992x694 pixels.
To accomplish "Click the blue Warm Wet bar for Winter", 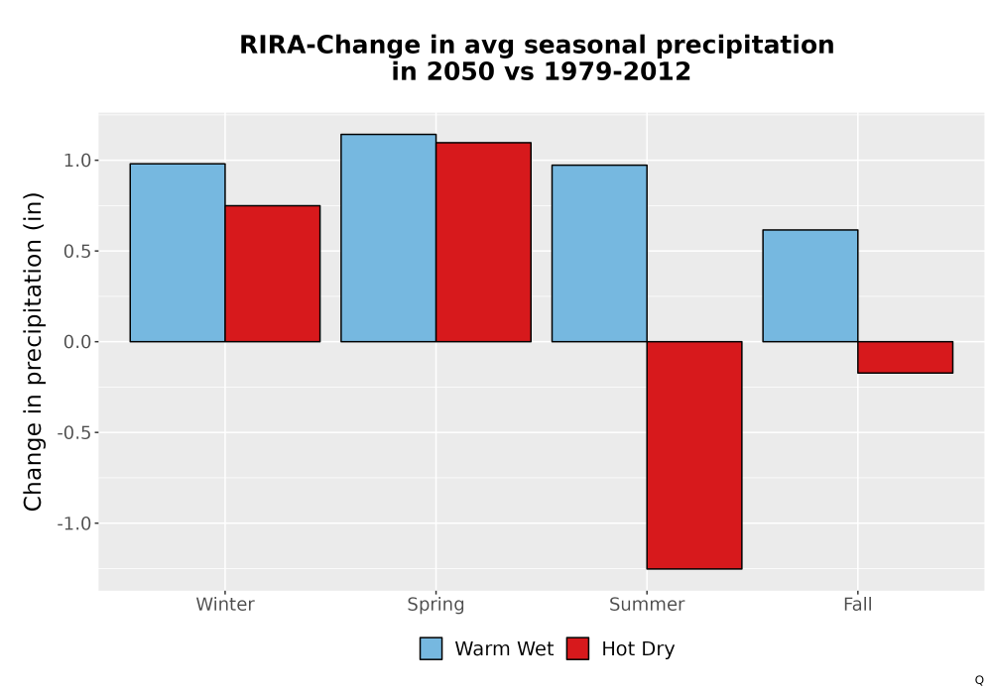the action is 178,253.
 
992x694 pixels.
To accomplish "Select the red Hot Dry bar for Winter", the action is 273,274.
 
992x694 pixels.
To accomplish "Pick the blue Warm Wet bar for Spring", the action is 389,238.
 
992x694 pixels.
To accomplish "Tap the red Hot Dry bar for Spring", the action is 483,242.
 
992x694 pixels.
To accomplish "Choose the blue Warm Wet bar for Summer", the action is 599,254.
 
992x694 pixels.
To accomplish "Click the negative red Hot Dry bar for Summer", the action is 694,455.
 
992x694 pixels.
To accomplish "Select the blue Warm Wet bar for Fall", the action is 810,286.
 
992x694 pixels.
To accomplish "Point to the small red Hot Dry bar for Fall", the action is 906,357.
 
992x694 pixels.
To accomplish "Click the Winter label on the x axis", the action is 225,604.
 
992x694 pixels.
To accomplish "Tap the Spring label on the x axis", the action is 435,605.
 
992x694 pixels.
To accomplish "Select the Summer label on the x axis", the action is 647,604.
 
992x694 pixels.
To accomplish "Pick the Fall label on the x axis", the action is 858,604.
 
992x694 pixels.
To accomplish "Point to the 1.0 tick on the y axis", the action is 77,161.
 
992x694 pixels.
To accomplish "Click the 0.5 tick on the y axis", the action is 77,252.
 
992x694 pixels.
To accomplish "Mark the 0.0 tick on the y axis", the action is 77,342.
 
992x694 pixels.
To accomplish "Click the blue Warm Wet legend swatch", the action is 431,648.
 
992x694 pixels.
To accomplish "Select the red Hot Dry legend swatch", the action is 577,648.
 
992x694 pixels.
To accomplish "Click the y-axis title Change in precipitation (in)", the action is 33,351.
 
